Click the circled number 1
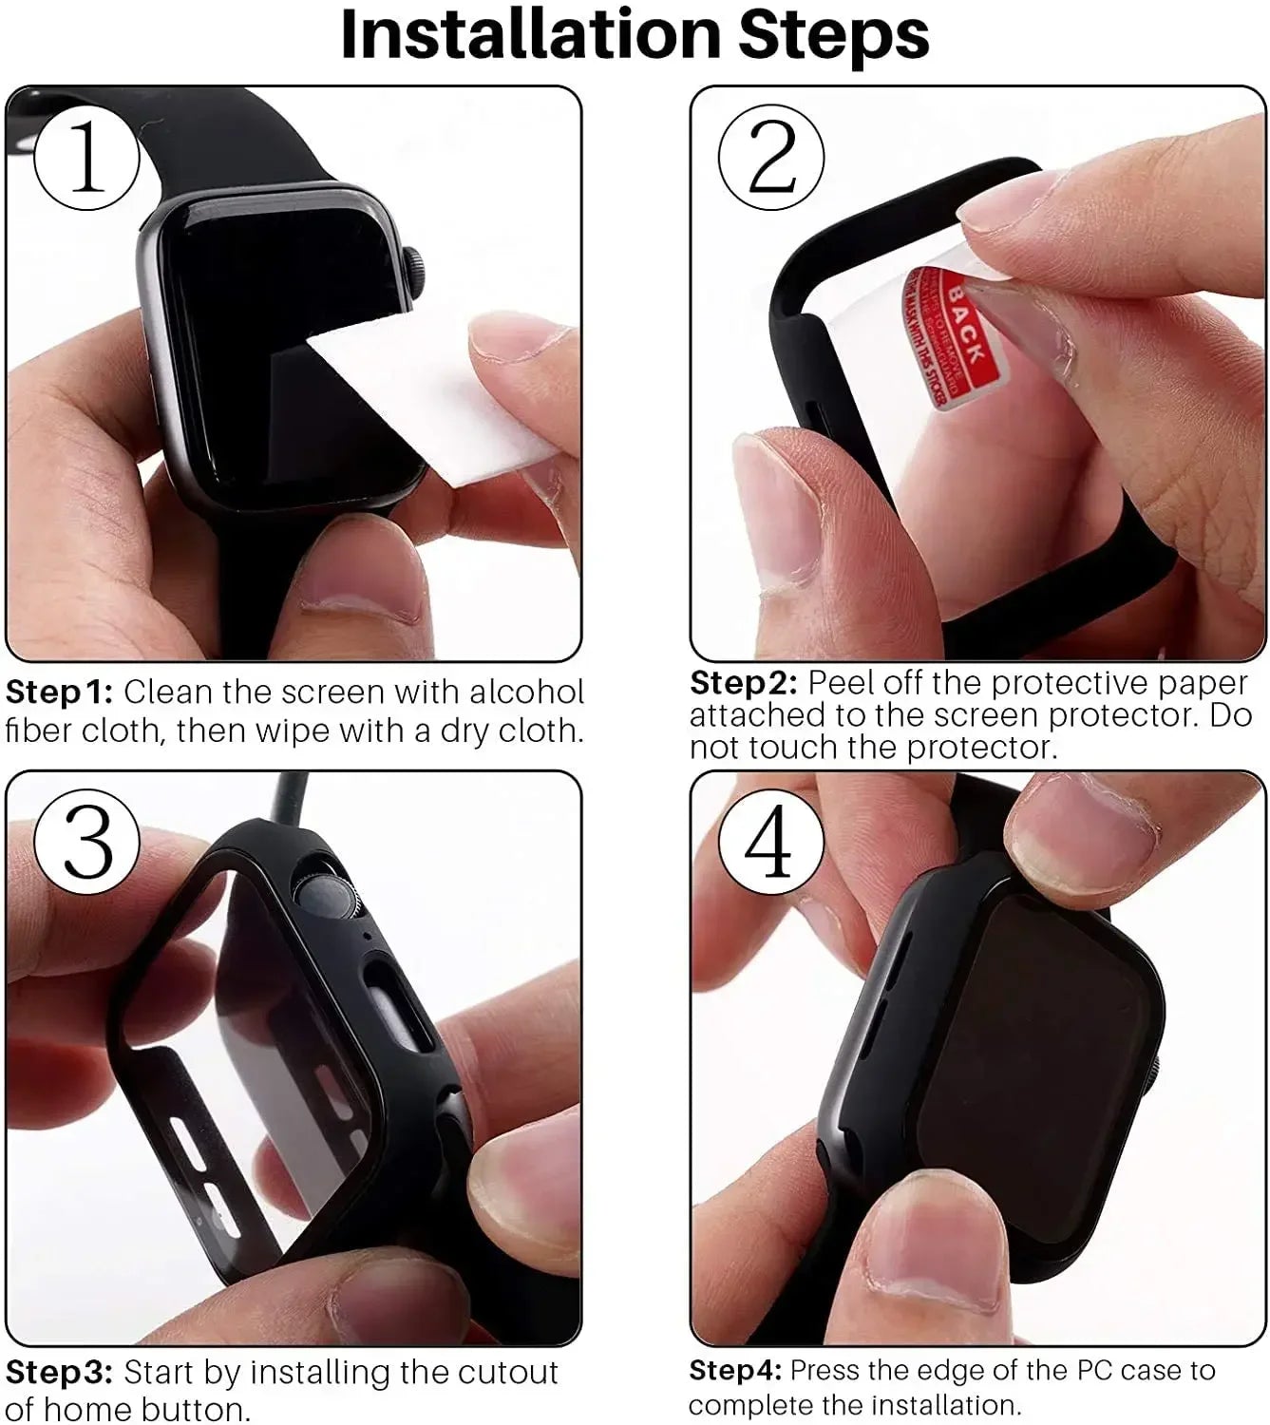coord(86,158)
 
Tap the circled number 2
coord(770,158)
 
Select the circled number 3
coord(86,842)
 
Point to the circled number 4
coord(770,842)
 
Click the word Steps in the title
coord(833,36)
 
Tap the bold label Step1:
coord(59,693)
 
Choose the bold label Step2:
coord(744,684)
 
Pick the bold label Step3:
coord(59,1373)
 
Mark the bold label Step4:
coord(735,1371)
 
